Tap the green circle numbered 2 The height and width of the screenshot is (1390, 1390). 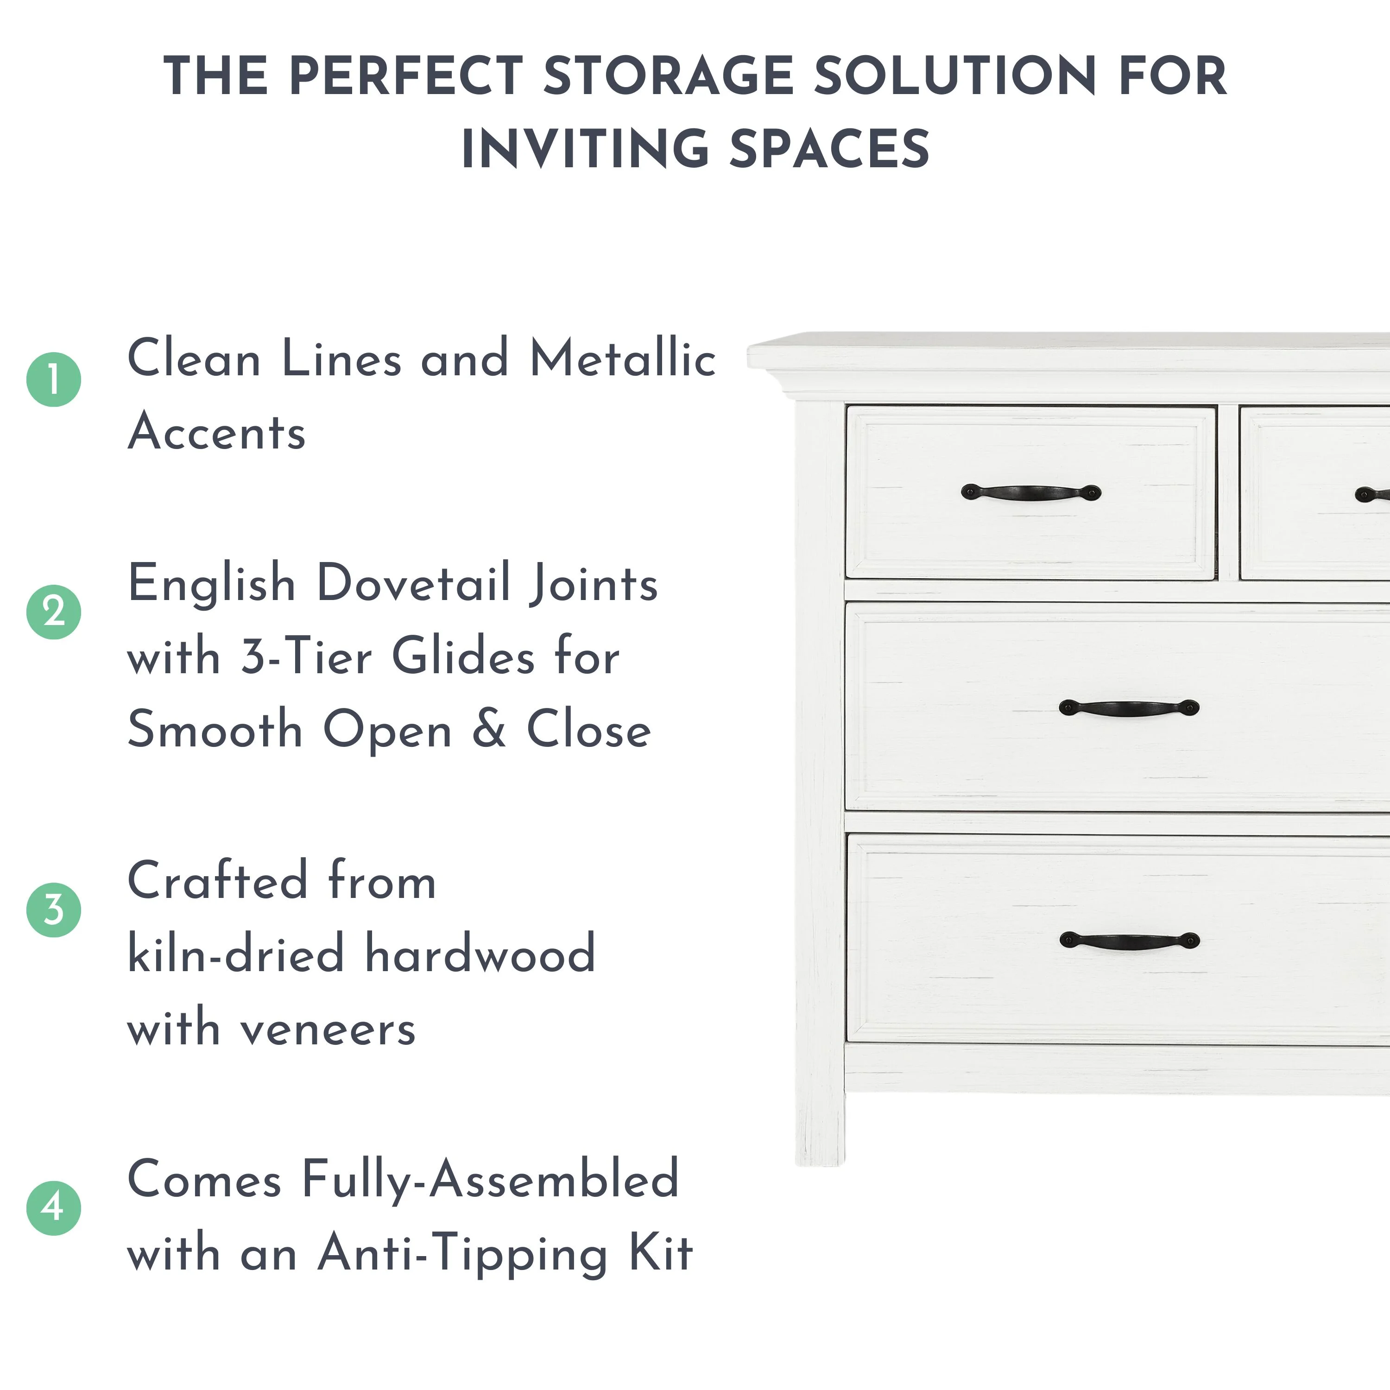[x=54, y=612]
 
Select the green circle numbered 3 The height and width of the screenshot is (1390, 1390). [x=54, y=910]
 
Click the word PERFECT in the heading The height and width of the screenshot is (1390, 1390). [x=406, y=76]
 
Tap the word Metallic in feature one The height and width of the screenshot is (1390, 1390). [x=623, y=358]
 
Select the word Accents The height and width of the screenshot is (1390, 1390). [x=216, y=432]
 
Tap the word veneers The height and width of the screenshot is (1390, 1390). [x=328, y=1029]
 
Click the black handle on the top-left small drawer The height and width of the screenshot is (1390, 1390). [x=1031, y=493]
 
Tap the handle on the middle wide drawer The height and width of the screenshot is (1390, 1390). [x=1129, y=708]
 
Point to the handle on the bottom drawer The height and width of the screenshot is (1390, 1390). [x=1130, y=941]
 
